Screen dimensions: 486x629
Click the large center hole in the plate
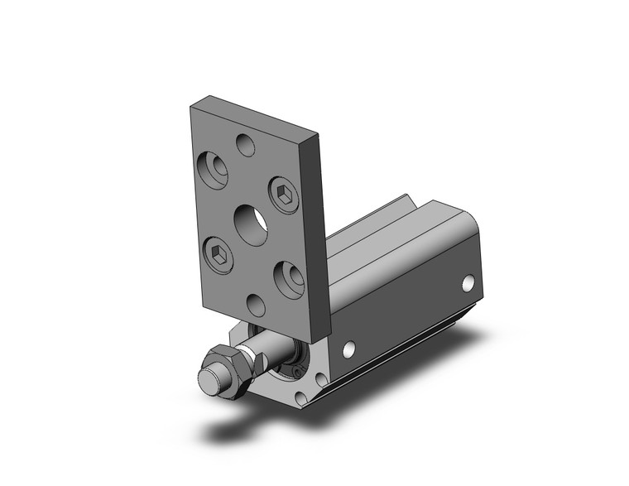tap(251, 224)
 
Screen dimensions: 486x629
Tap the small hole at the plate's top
tap(246, 146)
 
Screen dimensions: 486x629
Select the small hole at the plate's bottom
tap(257, 306)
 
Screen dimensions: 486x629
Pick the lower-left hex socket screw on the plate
tap(218, 254)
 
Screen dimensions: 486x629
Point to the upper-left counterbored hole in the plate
tap(214, 170)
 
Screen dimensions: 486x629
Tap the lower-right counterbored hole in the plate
tap(289, 279)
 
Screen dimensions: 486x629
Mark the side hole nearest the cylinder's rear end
tap(470, 283)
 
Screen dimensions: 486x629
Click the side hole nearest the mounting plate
tap(349, 349)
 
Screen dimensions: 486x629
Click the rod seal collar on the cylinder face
tap(294, 363)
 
